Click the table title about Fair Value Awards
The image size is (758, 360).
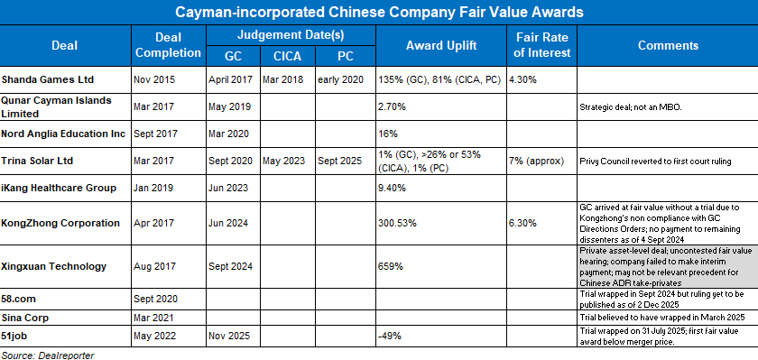(379, 13)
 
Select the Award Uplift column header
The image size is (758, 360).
(441, 45)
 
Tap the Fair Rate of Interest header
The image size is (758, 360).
(542, 45)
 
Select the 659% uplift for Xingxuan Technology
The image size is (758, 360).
(391, 267)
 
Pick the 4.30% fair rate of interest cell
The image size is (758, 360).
(524, 79)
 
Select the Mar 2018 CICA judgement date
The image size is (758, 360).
(281, 79)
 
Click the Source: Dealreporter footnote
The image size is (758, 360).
(47, 354)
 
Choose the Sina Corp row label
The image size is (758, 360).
(24, 318)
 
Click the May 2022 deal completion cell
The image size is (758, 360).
(154, 336)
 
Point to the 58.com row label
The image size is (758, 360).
(21, 298)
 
